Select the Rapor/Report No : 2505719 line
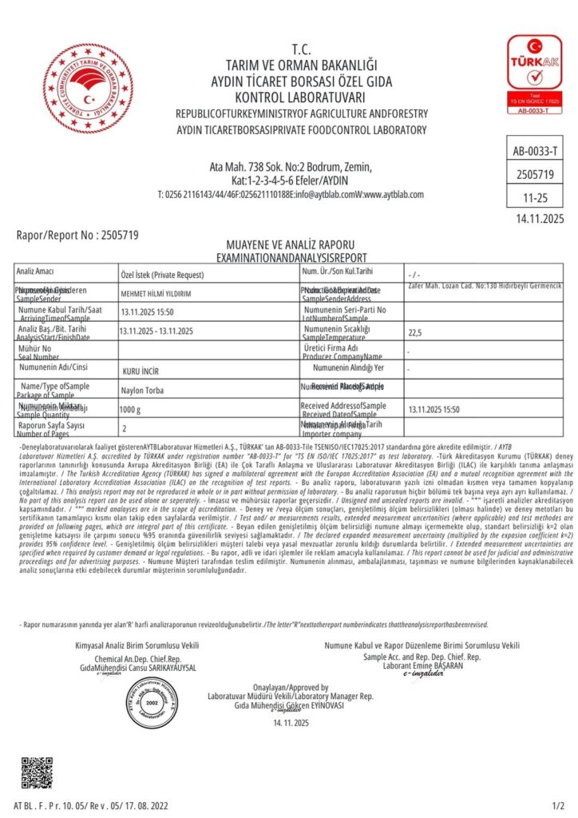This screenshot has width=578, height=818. coord(78,235)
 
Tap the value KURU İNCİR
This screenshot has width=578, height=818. coord(141,372)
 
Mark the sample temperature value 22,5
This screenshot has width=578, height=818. coord(415,332)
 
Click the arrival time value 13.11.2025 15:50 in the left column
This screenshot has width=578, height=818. coord(147,312)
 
